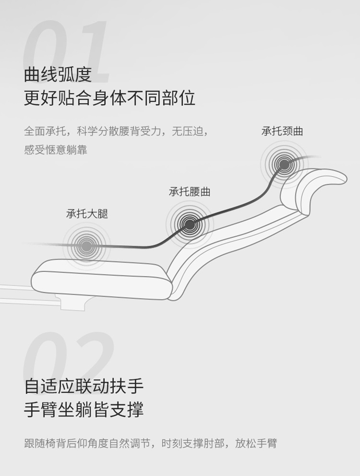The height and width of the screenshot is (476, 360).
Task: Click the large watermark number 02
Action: pyautogui.click(x=68, y=360)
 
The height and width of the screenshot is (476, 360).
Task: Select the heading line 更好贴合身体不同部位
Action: pyautogui.click(x=109, y=98)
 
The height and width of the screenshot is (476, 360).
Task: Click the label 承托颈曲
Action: pyautogui.click(x=282, y=131)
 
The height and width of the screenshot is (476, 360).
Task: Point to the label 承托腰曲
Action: pyautogui.click(x=190, y=191)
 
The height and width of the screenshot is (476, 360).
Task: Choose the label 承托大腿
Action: pyautogui.click(x=87, y=213)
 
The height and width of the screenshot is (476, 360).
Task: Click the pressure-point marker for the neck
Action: pyautogui.click(x=284, y=164)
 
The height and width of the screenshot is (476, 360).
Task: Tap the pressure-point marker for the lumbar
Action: pyautogui.click(x=190, y=224)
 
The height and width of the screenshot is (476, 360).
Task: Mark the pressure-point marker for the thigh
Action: pyautogui.click(x=86, y=246)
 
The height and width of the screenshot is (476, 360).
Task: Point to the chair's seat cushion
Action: pyautogui.click(x=100, y=278)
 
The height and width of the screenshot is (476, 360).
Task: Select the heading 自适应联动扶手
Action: pyautogui.click(x=84, y=386)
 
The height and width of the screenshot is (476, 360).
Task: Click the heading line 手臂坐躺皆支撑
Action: pyautogui.click(x=84, y=409)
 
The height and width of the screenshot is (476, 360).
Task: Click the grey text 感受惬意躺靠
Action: pyautogui.click(x=56, y=150)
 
